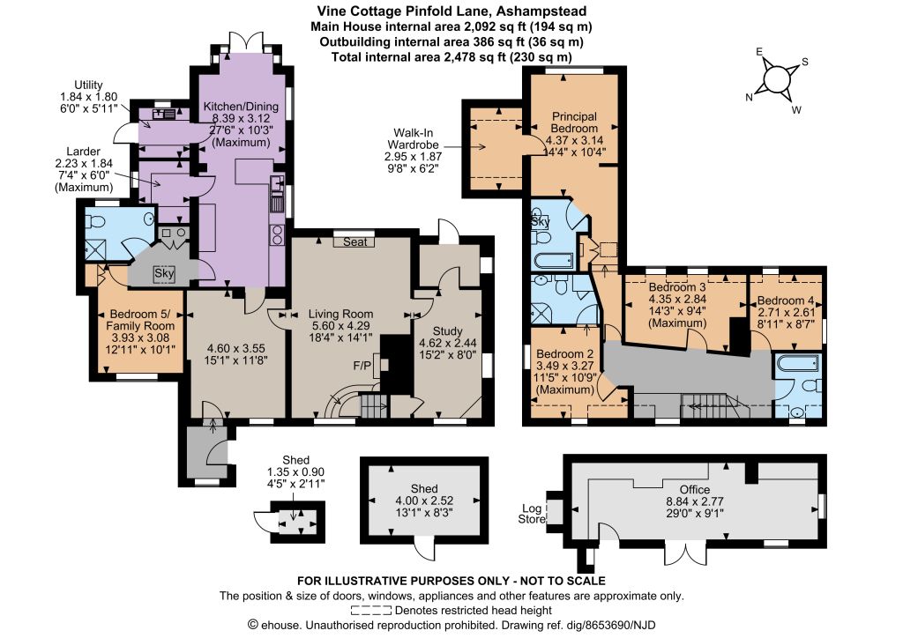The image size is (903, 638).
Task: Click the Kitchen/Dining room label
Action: [x=241, y=107]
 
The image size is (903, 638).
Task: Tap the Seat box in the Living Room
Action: [x=354, y=241]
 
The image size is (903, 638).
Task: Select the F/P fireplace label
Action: [x=362, y=366]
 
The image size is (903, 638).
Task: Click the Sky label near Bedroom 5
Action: [x=164, y=273]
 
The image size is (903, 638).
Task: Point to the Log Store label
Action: [x=532, y=514]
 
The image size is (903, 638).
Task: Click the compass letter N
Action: [x=749, y=97]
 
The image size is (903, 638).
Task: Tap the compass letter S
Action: [x=804, y=63]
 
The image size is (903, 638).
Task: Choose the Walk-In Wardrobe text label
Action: [x=413, y=138]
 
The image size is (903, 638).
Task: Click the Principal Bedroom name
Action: [x=574, y=122]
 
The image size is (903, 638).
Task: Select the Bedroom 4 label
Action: [x=786, y=300]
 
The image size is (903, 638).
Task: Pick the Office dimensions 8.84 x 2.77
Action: [x=695, y=501]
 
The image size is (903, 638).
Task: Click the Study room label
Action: [x=447, y=330]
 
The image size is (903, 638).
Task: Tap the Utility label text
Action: [x=88, y=85]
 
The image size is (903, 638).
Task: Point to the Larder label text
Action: [x=84, y=152]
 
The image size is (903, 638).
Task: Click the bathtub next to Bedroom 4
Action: [x=797, y=364]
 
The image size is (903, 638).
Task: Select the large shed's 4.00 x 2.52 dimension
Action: [x=424, y=501]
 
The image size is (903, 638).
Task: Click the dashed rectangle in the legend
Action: [x=371, y=611]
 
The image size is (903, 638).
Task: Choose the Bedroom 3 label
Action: [x=677, y=287]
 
